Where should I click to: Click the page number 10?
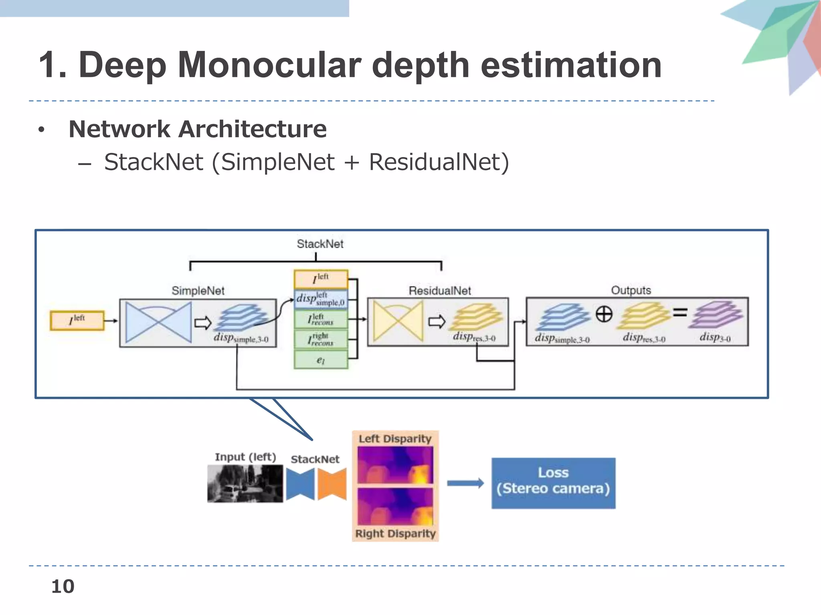coord(63,587)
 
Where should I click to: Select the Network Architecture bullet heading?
coord(198,129)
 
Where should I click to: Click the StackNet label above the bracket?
coord(320,244)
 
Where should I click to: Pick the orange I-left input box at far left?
coord(77,320)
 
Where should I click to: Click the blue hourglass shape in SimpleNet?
coord(158,322)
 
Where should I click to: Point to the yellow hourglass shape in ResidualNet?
coord(398,322)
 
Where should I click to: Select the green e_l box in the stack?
coord(321,360)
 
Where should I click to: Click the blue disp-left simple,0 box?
coord(321,299)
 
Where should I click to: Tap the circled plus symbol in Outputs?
coord(604,314)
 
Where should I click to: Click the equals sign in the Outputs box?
coord(680,312)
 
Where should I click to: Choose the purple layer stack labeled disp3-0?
coord(716,315)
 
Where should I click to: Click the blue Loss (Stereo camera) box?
coord(553,483)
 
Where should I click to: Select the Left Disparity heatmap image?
coord(395,465)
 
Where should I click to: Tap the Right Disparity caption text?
coord(395,534)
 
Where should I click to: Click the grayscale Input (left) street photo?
coord(245,484)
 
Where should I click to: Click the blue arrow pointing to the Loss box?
coord(465,483)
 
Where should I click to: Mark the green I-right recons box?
coord(321,340)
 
